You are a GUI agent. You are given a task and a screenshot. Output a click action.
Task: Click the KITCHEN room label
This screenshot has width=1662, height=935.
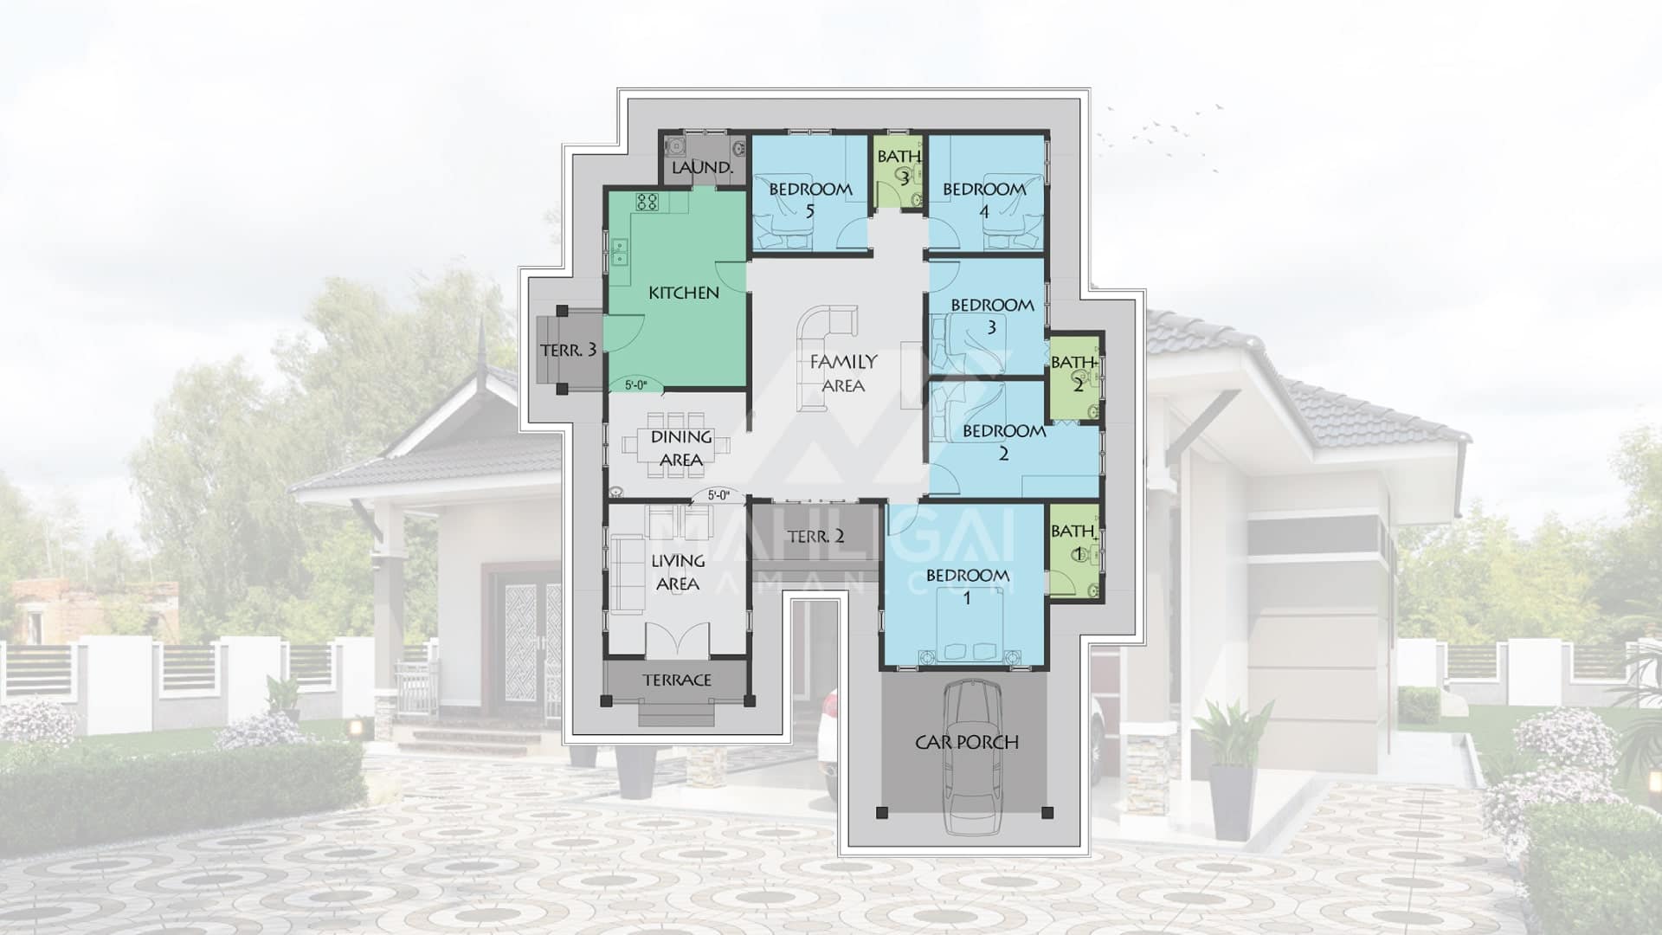tap(684, 293)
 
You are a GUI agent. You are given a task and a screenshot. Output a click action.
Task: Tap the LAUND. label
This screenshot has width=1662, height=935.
tap(702, 168)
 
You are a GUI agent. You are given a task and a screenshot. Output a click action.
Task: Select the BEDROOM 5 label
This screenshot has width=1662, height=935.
tap(810, 199)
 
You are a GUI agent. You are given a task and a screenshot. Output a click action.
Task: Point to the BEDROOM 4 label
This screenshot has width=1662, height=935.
tap(984, 199)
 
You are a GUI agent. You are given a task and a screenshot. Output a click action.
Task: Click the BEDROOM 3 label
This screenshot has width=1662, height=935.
tap(992, 315)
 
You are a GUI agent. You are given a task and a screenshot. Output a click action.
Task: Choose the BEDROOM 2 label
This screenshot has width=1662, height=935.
tap(1004, 442)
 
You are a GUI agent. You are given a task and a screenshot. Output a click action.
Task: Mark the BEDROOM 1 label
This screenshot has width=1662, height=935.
tap(967, 586)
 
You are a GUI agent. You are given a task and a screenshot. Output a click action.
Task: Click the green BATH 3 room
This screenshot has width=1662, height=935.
tap(899, 171)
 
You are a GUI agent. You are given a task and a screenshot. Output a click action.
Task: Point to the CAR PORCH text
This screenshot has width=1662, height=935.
tap(967, 742)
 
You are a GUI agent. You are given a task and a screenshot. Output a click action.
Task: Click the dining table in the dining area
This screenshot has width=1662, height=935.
tap(679, 445)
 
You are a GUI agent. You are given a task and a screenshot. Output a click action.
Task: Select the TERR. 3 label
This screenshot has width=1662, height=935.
tap(568, 350)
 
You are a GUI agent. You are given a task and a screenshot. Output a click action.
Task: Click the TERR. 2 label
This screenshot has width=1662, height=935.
tap(815, 536)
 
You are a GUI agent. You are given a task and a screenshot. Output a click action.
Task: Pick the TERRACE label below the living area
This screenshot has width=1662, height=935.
tap(677, 680)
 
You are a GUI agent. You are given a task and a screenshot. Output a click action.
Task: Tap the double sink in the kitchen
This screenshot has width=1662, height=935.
tap(620, 252)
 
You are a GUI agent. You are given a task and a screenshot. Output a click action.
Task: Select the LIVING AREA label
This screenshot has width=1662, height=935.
tap(679, 572)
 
